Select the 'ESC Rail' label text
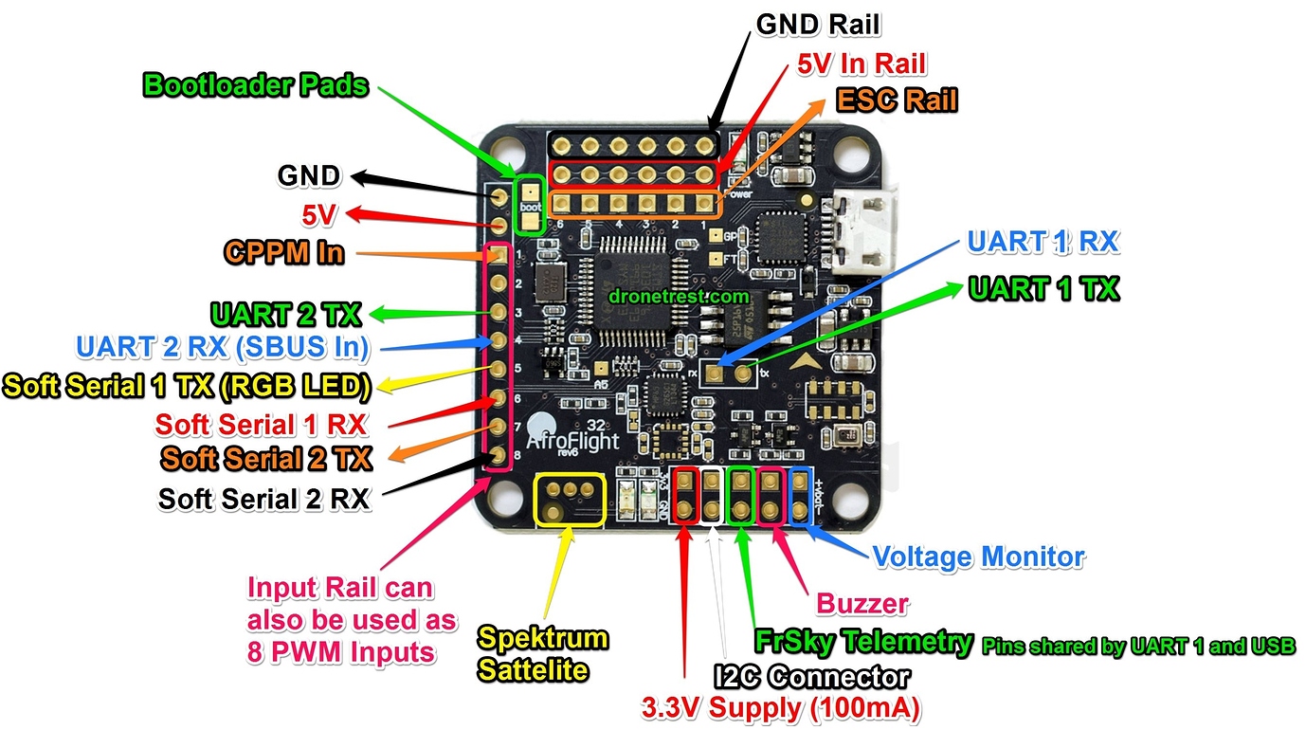pyautogui.click(x=896, y=99)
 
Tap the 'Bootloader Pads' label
pyautogui.click(x=255, y=85)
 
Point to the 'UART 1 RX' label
pyautogui.click(x=1043, y=242)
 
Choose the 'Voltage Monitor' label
pyautogui.click(x=978, y=557)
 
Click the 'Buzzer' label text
pyautogui.click(x=862, y=604)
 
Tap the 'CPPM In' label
pyautogui.click(x=284, y=253)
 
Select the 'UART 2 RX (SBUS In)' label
pyautogui.click(x=222, y=347)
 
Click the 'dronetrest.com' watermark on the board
pyautogui.click(x=664, y=296)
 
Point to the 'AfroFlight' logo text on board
pyautogui.click(x=573, y=442)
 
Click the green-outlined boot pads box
pyautogui.click(x=529, y=205)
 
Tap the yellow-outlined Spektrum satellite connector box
pyautogui.click(x=570, y=500)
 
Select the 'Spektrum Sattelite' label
pyautogui.click(x=542, y=654)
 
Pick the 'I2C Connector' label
pyautogui.click(x=811, y=676)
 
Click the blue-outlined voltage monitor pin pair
pyautogui.click(x=801, y=497)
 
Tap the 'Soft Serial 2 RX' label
pyautogui.click(x=264, y=499)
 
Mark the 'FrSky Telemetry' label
pyautogui.click(x=863, y=642)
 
